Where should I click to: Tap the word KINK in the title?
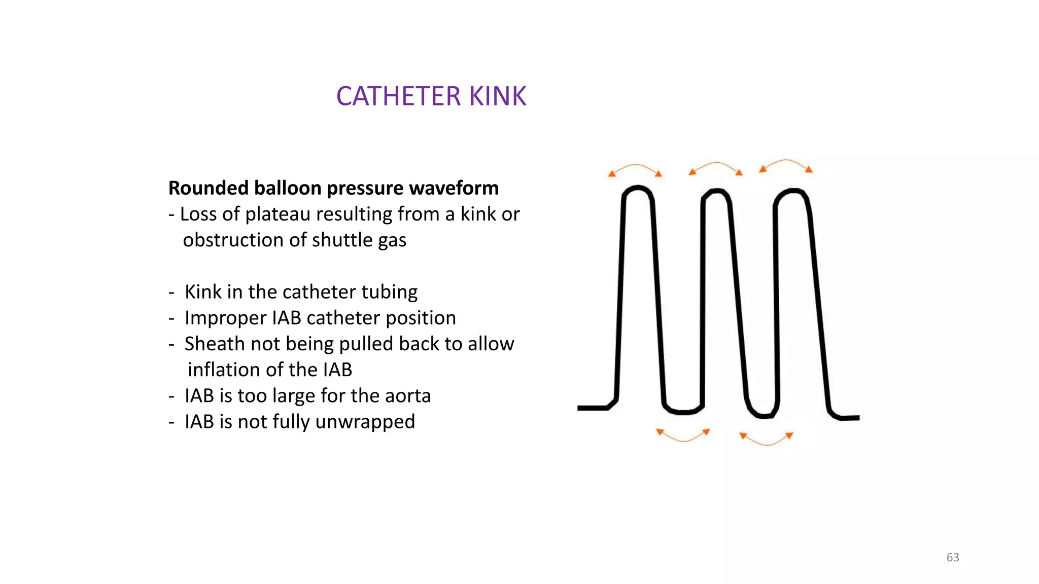click(x=498, y=96)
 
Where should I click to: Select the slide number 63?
click(x=953, y=557)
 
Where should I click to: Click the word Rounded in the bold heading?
click(x=209, y=188)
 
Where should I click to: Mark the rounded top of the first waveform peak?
click(x=638, y=188)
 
